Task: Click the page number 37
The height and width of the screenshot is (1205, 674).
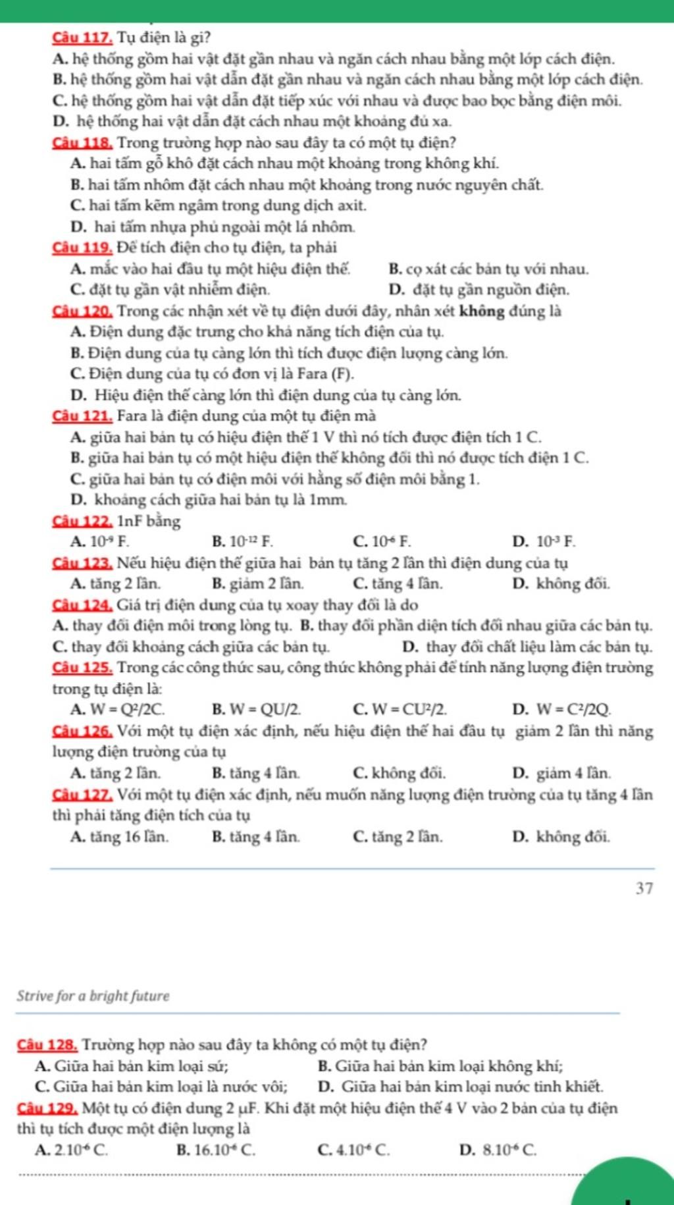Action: point(644,888)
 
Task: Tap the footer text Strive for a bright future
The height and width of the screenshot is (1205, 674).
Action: point(93,996)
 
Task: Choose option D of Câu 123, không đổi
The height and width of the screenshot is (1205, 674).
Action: point(561,583)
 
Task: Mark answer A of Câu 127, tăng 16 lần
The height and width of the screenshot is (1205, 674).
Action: point(119,837)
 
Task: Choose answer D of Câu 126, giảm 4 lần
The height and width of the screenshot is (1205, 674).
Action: point(561,772)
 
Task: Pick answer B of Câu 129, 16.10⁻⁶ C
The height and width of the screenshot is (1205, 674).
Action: point(217,1150)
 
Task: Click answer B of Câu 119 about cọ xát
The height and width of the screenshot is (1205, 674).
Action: point(489,269)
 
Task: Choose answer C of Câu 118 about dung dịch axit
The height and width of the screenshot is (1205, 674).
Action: point(218,205)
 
